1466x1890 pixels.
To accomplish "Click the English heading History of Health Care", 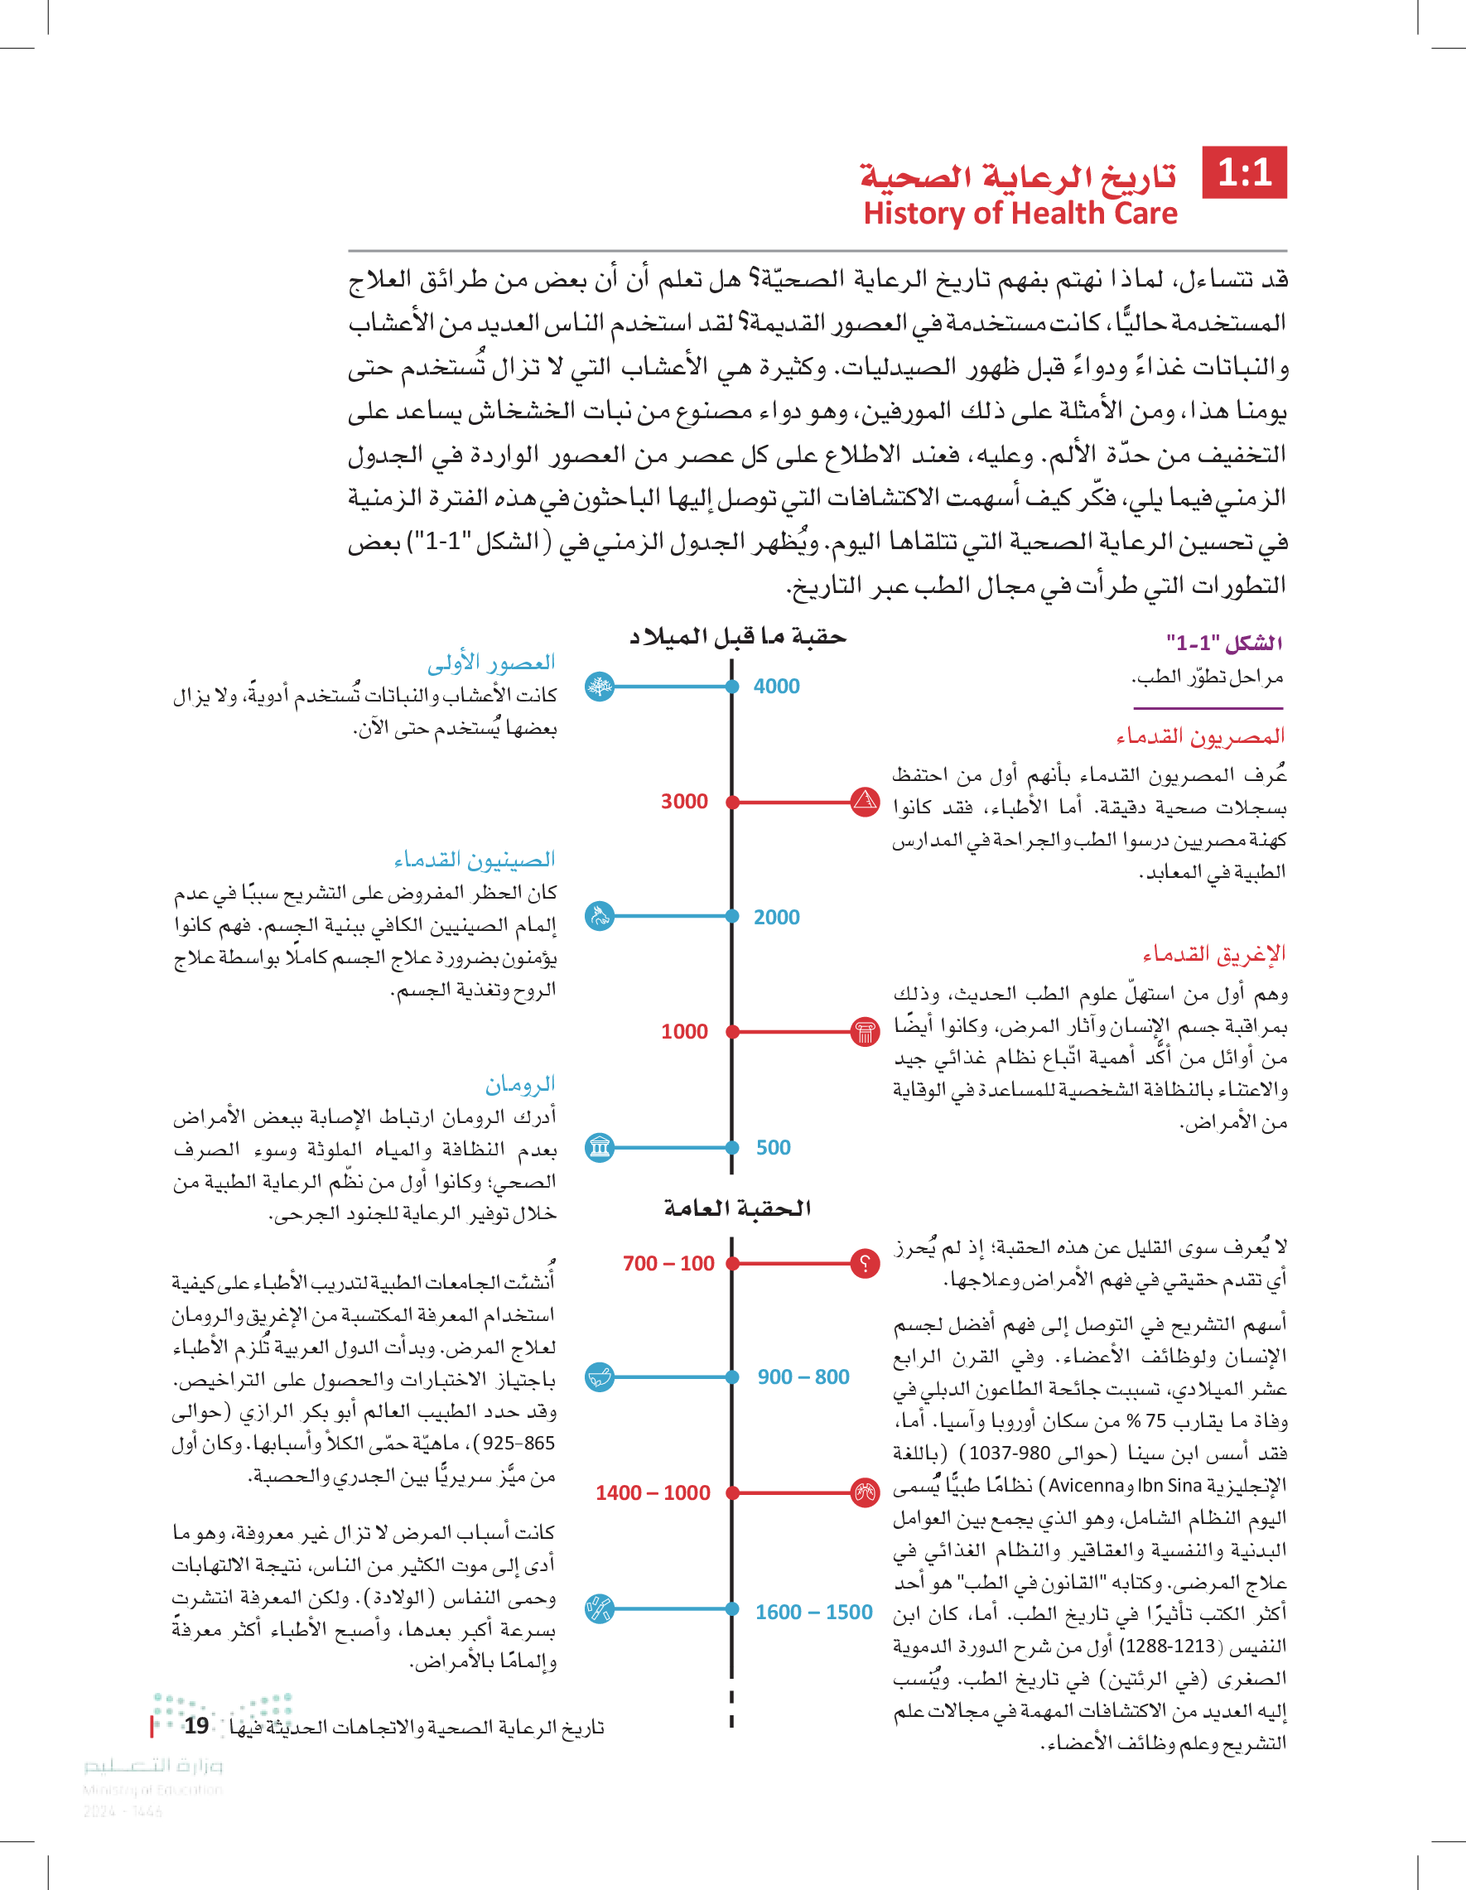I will [1020, 213].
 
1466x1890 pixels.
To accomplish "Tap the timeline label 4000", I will [776, 687].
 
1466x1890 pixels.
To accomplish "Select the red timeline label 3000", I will [683, 802].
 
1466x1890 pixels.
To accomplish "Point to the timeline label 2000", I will [776, 918].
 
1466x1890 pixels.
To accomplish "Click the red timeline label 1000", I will [683, 1031].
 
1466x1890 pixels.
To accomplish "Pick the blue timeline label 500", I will [773, 1148].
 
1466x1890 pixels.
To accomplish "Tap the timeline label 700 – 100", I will [668, 1264].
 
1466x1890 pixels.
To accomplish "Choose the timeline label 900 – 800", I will [803, 1377].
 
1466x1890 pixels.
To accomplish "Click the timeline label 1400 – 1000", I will [653, 1492].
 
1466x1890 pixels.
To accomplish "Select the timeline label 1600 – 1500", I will [813, 1613].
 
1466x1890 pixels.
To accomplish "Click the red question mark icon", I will [865, 1264].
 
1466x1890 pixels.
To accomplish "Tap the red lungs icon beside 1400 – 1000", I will [865, 1492].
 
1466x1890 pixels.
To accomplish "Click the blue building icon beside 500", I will [600, 1148].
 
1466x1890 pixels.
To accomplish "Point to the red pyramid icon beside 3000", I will [865, 802].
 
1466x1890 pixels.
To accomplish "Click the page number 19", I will [196, 1725].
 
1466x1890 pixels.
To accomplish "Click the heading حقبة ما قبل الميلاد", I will [736, 637].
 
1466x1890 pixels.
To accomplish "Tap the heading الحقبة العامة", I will [736, 1208].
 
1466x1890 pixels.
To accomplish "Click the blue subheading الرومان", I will [519, 1083].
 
